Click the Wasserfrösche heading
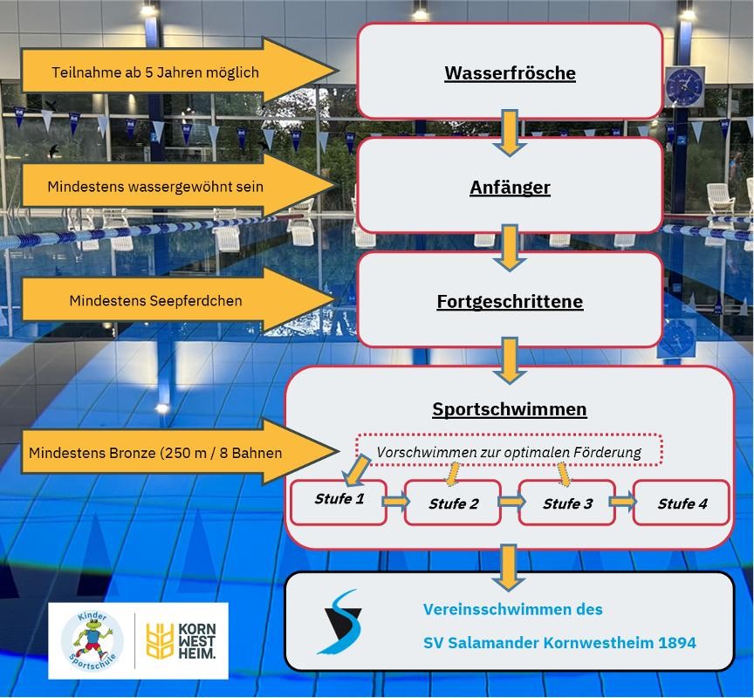click(x=510, y=73)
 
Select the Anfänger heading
click(x=510, y=188)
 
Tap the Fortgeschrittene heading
click(x=510, y=301)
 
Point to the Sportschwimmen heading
click(x=510, y=409)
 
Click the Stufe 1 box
click(x=339, y=502)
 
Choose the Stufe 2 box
click(x=453, y=503)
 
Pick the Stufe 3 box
click(x=567, y=503)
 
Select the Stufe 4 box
click(x=682, y=503)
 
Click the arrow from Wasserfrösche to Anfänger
click(x=510, y=133)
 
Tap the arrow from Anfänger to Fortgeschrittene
click(x=510, y=248)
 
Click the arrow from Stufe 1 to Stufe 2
click(x=395, y=502)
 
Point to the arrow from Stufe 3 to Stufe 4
click(x=623, y=502)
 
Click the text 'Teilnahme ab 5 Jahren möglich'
click(x=155, y=72)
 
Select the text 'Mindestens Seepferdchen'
click(x=156, y=301)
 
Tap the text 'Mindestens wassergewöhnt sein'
click(x=155, y=187)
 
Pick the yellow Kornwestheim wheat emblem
click(x=160, y=640)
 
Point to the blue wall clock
click(x=684, y=87)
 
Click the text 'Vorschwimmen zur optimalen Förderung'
click(x=509, y=452)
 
